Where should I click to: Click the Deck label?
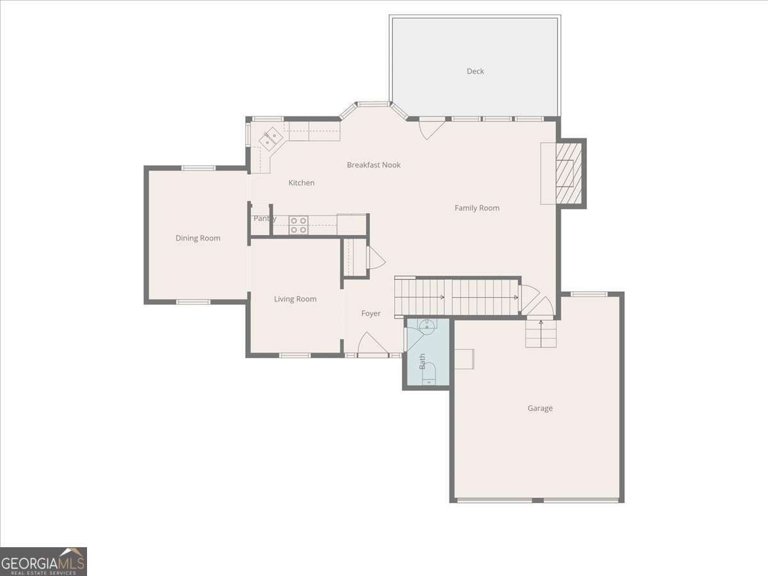[475, 71]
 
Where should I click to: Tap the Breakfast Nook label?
[374, 165]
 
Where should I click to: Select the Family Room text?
[477, 208]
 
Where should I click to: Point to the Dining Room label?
[198, 238]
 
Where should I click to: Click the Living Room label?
[295, 299]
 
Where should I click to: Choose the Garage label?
[540, 408]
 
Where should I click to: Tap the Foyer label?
[371, 314]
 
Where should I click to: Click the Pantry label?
[264, 219]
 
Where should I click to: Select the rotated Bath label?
[422, 362]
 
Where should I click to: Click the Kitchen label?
[301, 183]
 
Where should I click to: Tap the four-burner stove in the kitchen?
[298, 225]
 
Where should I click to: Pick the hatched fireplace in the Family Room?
[568, 173]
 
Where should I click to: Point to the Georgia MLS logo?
[44, 561]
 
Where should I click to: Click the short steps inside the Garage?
[541, 333]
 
